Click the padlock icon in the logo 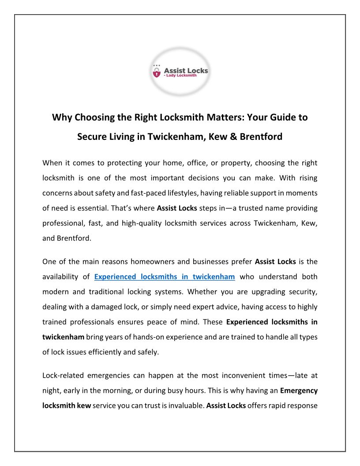[x=156, y=72]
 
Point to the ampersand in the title [x=232, y=137]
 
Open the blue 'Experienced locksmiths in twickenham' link [x=164, y=277]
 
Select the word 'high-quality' [x=140, y=223]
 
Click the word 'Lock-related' [x=63, y=376]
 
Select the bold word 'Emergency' [x=299, y=391]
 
